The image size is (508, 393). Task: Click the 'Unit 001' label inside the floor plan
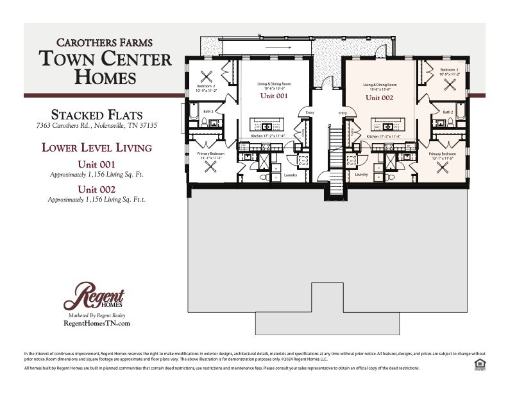[273, 96]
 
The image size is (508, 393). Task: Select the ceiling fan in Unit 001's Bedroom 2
[208, 74]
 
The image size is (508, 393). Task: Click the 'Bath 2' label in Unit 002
[447, 112]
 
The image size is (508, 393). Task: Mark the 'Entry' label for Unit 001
[310, 113]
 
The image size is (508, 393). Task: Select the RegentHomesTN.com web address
[97, 324]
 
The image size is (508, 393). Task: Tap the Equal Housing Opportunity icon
[479, 364]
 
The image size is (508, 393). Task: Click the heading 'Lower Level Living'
[97, 148]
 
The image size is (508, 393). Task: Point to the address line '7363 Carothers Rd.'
[97, 125]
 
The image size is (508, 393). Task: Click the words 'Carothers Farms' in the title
[105, 43]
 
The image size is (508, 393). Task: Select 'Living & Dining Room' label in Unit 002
[380, 85]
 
